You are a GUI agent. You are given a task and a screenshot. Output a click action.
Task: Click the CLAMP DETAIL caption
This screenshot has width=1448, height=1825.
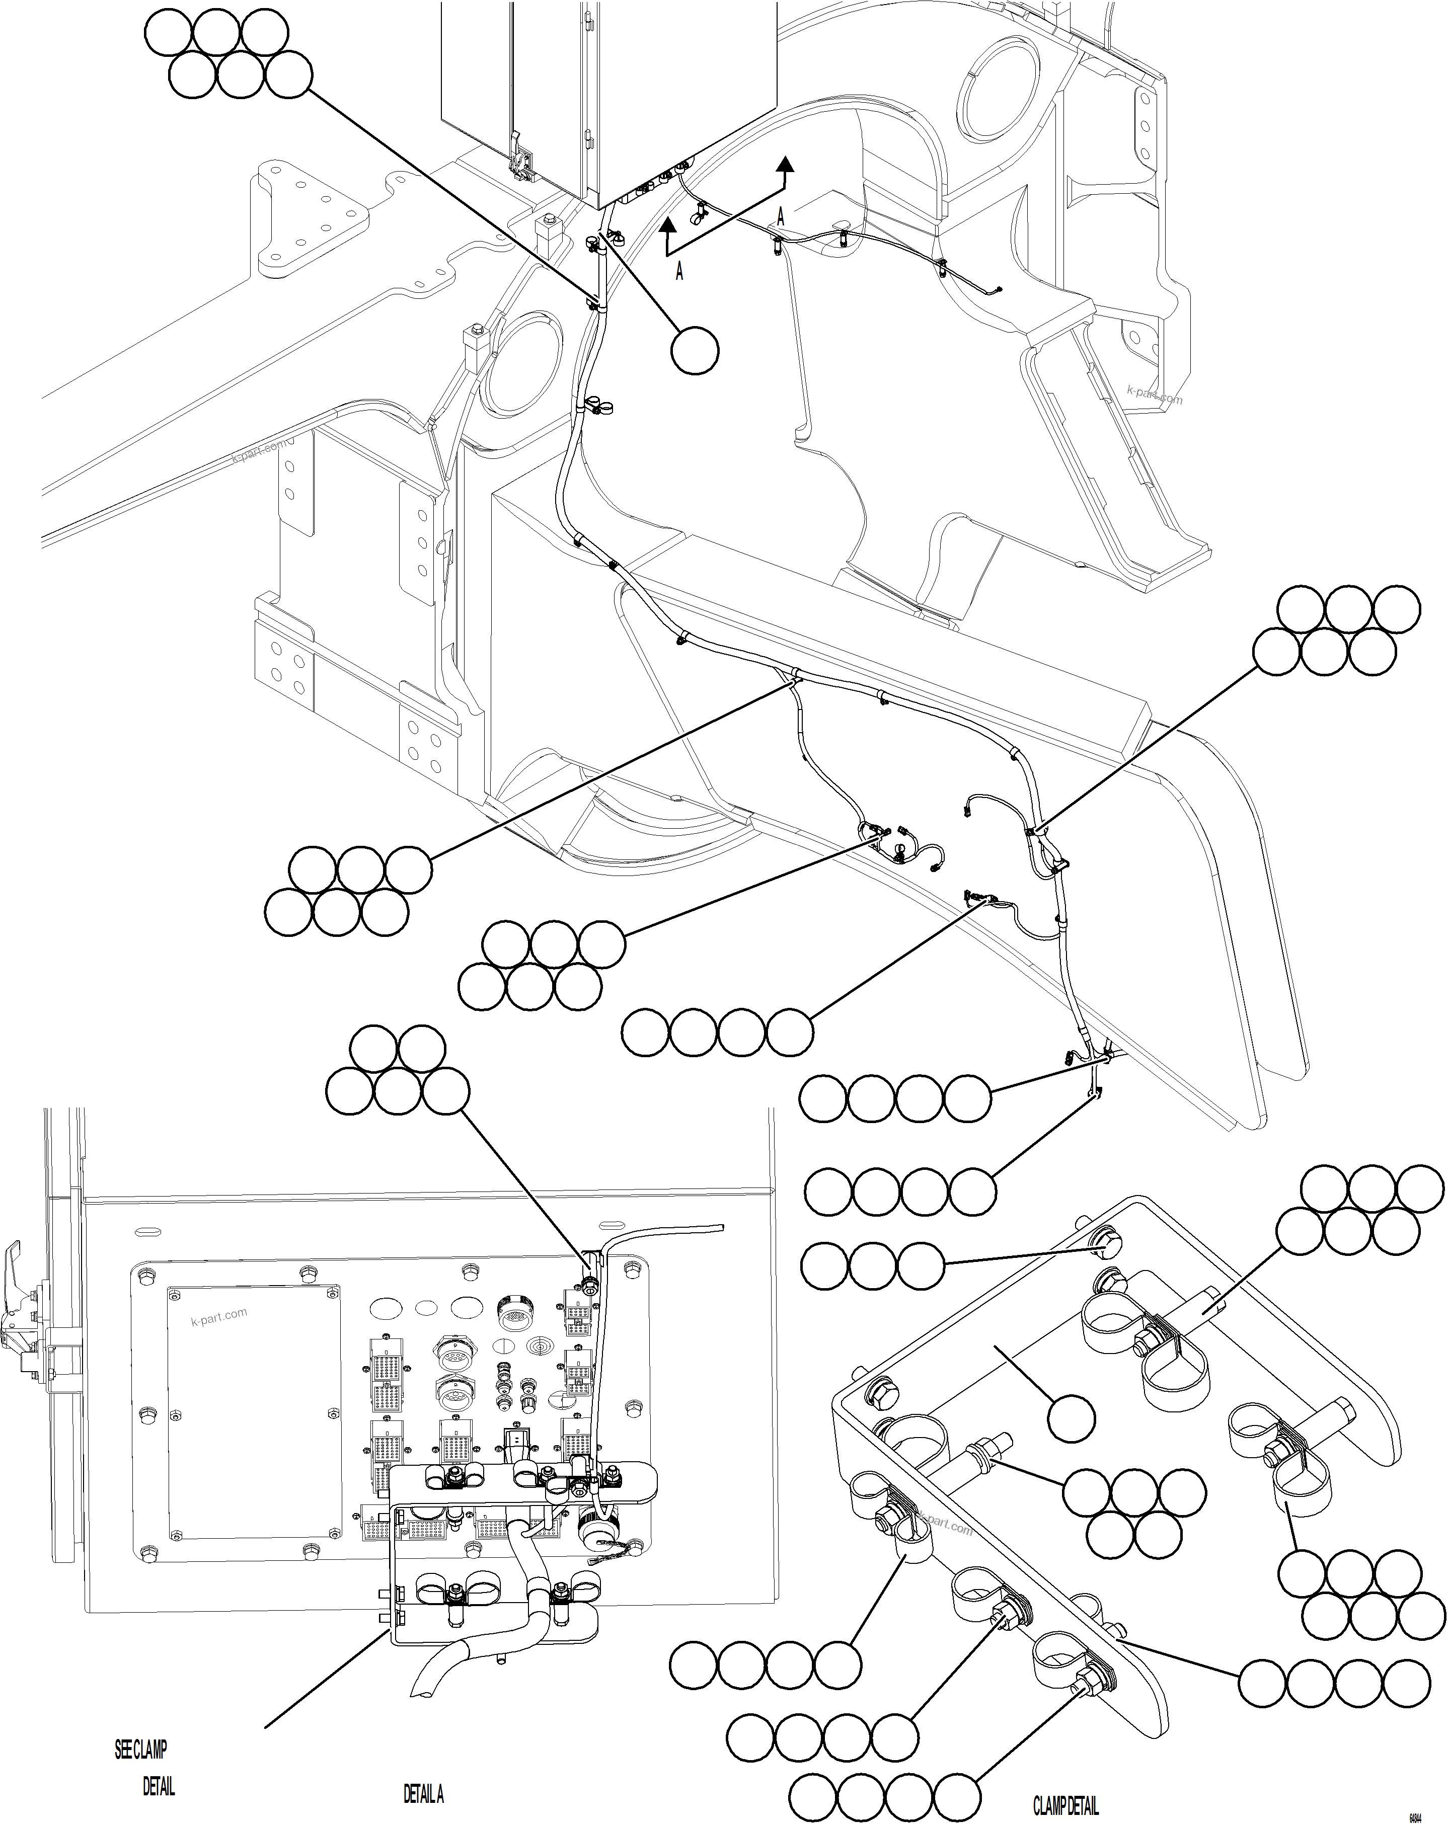(x=1065, y=1805)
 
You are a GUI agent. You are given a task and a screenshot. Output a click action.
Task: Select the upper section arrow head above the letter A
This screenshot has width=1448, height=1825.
(x=786, y=164)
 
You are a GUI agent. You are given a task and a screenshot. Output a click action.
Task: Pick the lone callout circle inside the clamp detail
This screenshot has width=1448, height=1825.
(x=1071, y=1418)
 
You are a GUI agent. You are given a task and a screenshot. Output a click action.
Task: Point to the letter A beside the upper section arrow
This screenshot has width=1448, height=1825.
(x=780, y=217)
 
